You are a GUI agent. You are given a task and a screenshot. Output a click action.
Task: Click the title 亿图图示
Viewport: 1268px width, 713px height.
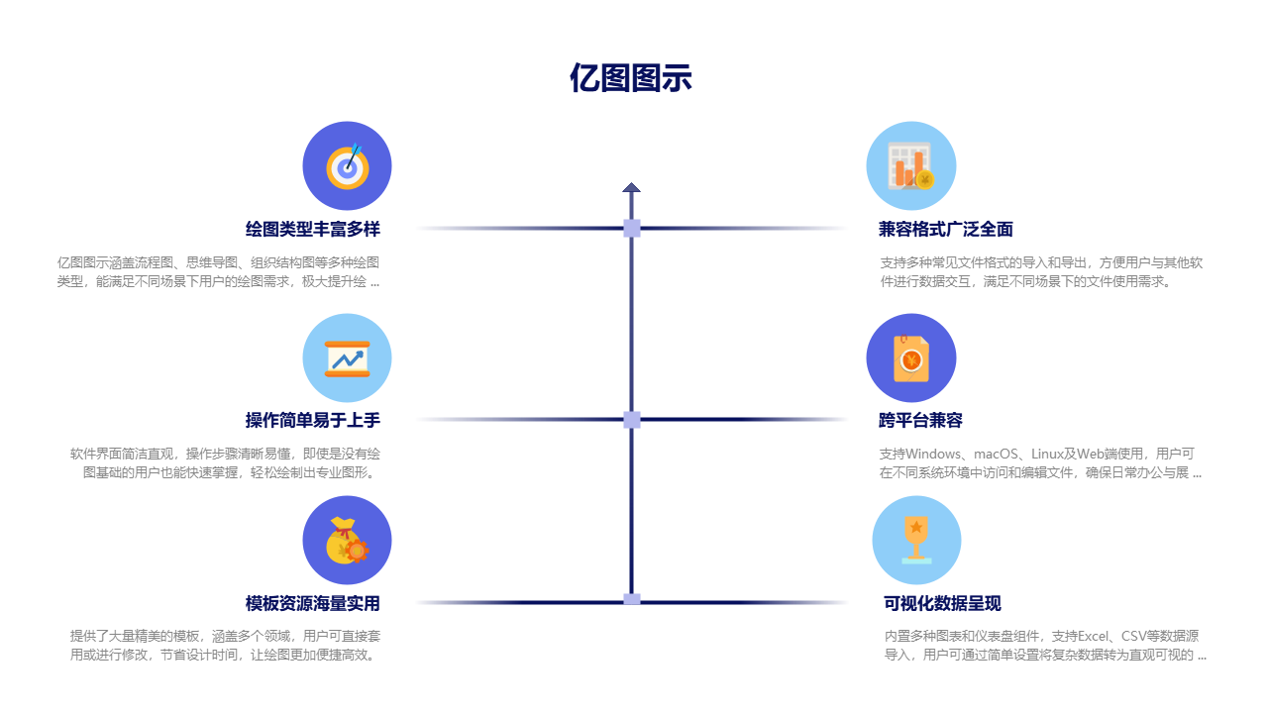[x=630, y=78]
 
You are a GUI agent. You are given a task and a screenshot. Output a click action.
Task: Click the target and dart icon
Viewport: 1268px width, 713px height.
[x=347, y=166]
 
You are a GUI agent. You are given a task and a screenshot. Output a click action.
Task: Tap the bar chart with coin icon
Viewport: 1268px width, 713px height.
[x=910, y=166]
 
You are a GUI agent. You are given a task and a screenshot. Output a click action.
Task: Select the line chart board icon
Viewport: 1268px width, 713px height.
[x=347, y=358]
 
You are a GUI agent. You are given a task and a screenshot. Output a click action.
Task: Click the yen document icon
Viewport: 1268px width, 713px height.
[x=910, y=358]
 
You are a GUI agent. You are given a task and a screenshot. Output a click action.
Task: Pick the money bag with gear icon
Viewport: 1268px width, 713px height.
[x=347, y=541]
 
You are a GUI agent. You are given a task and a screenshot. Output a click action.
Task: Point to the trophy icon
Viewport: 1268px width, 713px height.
[x=916, y=541]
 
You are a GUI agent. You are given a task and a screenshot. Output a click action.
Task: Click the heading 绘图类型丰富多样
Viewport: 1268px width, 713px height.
[x=313, y=229]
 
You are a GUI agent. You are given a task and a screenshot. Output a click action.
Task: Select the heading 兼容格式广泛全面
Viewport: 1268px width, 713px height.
[x=945, y=229]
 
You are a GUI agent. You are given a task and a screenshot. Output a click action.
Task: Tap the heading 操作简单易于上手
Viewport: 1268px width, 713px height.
[x=313, y=420]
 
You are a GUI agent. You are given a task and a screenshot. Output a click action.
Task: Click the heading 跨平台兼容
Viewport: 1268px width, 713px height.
[x=920, y=420]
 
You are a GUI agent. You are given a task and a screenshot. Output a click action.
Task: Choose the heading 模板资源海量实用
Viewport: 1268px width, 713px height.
[x=313, y=603]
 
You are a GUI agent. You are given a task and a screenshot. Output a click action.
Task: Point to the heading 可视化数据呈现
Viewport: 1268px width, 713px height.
[x=942, y=603]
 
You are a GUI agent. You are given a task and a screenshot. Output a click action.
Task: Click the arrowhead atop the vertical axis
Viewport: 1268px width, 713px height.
[x=631, y=187]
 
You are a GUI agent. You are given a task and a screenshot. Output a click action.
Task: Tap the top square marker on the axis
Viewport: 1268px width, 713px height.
[x=632, y=229]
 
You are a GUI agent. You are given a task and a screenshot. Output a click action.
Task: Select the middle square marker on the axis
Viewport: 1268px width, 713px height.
[x=632, y=420]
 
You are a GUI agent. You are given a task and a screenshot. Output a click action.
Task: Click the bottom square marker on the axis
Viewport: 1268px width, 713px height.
[x=632, y=599]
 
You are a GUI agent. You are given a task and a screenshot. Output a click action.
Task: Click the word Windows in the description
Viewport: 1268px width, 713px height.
[x=933, y=454]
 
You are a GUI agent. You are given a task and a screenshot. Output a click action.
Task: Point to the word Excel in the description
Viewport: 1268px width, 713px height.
[x=1089, y=636]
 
